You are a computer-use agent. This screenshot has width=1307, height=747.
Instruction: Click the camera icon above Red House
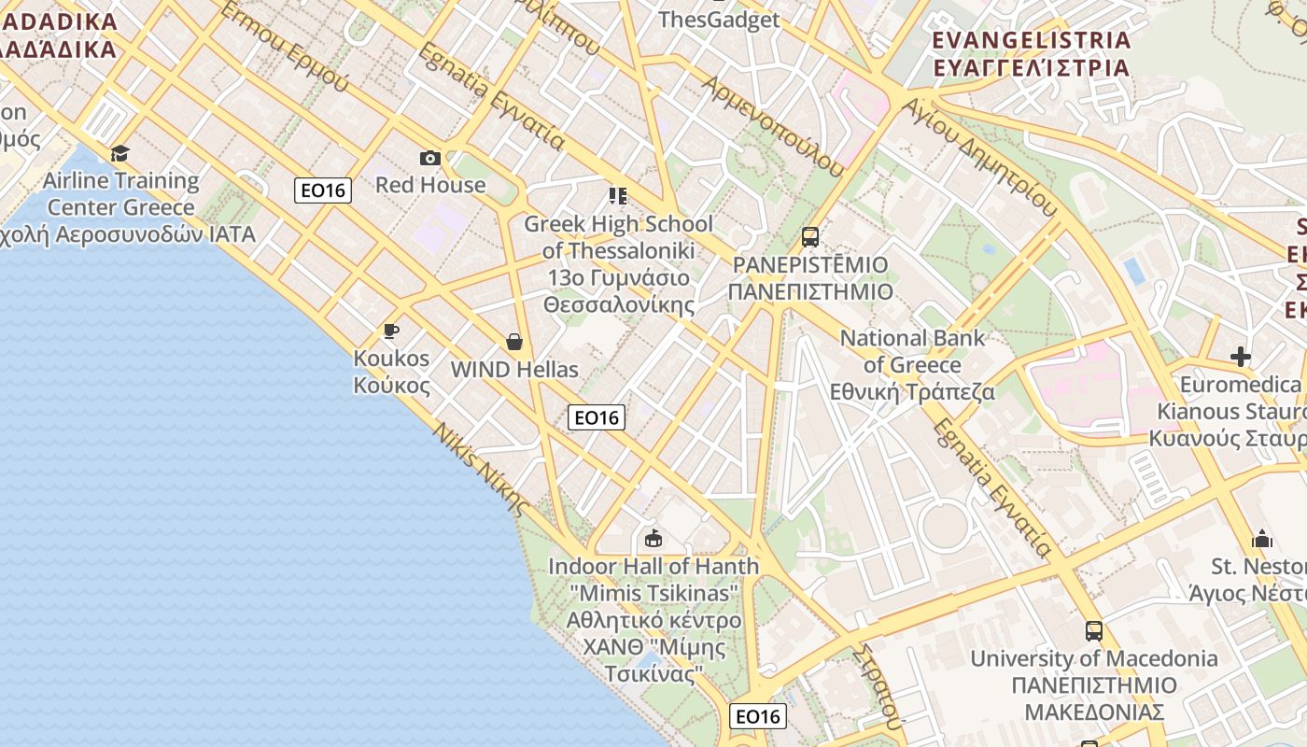click(x=430, y=158)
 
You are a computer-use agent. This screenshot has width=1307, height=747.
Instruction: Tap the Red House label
click(x=430, y=185)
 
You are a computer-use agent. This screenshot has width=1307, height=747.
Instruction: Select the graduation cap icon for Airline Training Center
click(x=119, y=153)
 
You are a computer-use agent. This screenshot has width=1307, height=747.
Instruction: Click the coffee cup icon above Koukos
click(x=391, y=331)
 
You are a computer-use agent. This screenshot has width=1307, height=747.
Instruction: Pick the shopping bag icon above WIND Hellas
click(x=513, y=342)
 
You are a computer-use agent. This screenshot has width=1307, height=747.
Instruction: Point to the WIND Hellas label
click(x=514, y=370)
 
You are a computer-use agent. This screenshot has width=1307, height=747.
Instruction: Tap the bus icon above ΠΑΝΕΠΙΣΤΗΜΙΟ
click(x=810, y=237)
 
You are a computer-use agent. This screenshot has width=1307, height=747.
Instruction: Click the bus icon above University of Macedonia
click(x=1094, y=631)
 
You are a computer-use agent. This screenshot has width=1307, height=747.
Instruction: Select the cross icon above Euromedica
click(x=1241, y=357)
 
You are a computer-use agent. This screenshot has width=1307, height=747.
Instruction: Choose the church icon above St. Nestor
click(x=1262, y=539)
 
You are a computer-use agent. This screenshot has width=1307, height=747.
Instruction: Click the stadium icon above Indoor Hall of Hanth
click(x=653, y=539)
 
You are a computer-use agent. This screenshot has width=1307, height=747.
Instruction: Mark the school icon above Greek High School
click(x=617, y=195)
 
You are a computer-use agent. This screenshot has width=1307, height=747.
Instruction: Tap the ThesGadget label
click(x=719, y=20)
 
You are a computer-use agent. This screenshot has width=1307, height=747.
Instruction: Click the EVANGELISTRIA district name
click(x=1032, y=41)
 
